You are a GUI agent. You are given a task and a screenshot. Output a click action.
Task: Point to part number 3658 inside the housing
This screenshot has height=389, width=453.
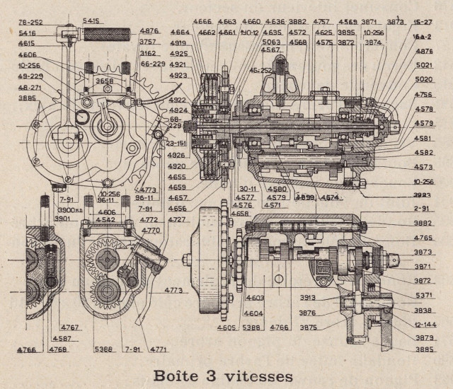[x=105, y=82]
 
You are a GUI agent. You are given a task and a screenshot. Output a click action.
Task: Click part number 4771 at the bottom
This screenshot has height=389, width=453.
[x=159, y=349]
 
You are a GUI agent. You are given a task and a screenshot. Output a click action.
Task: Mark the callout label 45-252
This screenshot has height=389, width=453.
[x=260, y=71]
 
